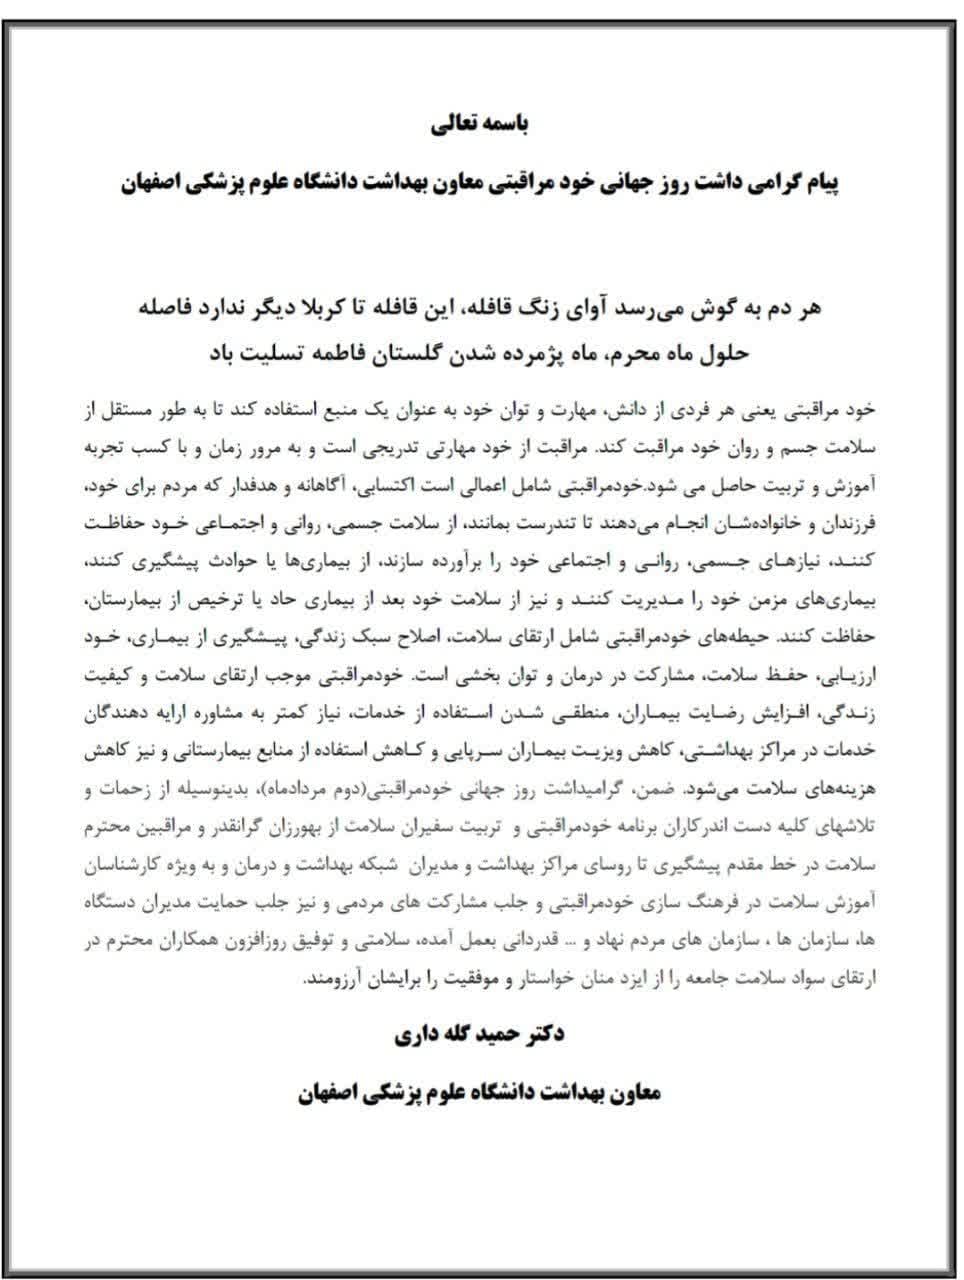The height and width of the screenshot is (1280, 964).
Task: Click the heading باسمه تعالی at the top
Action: [481, 126]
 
